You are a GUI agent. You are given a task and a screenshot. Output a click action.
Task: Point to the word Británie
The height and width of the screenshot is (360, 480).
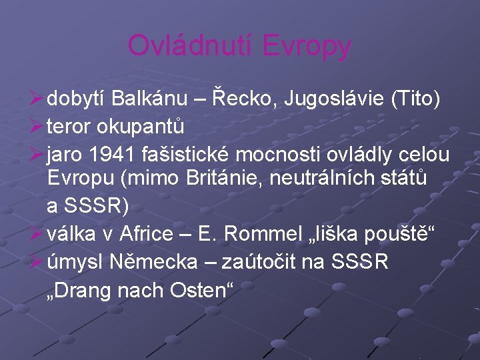(214, 181)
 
